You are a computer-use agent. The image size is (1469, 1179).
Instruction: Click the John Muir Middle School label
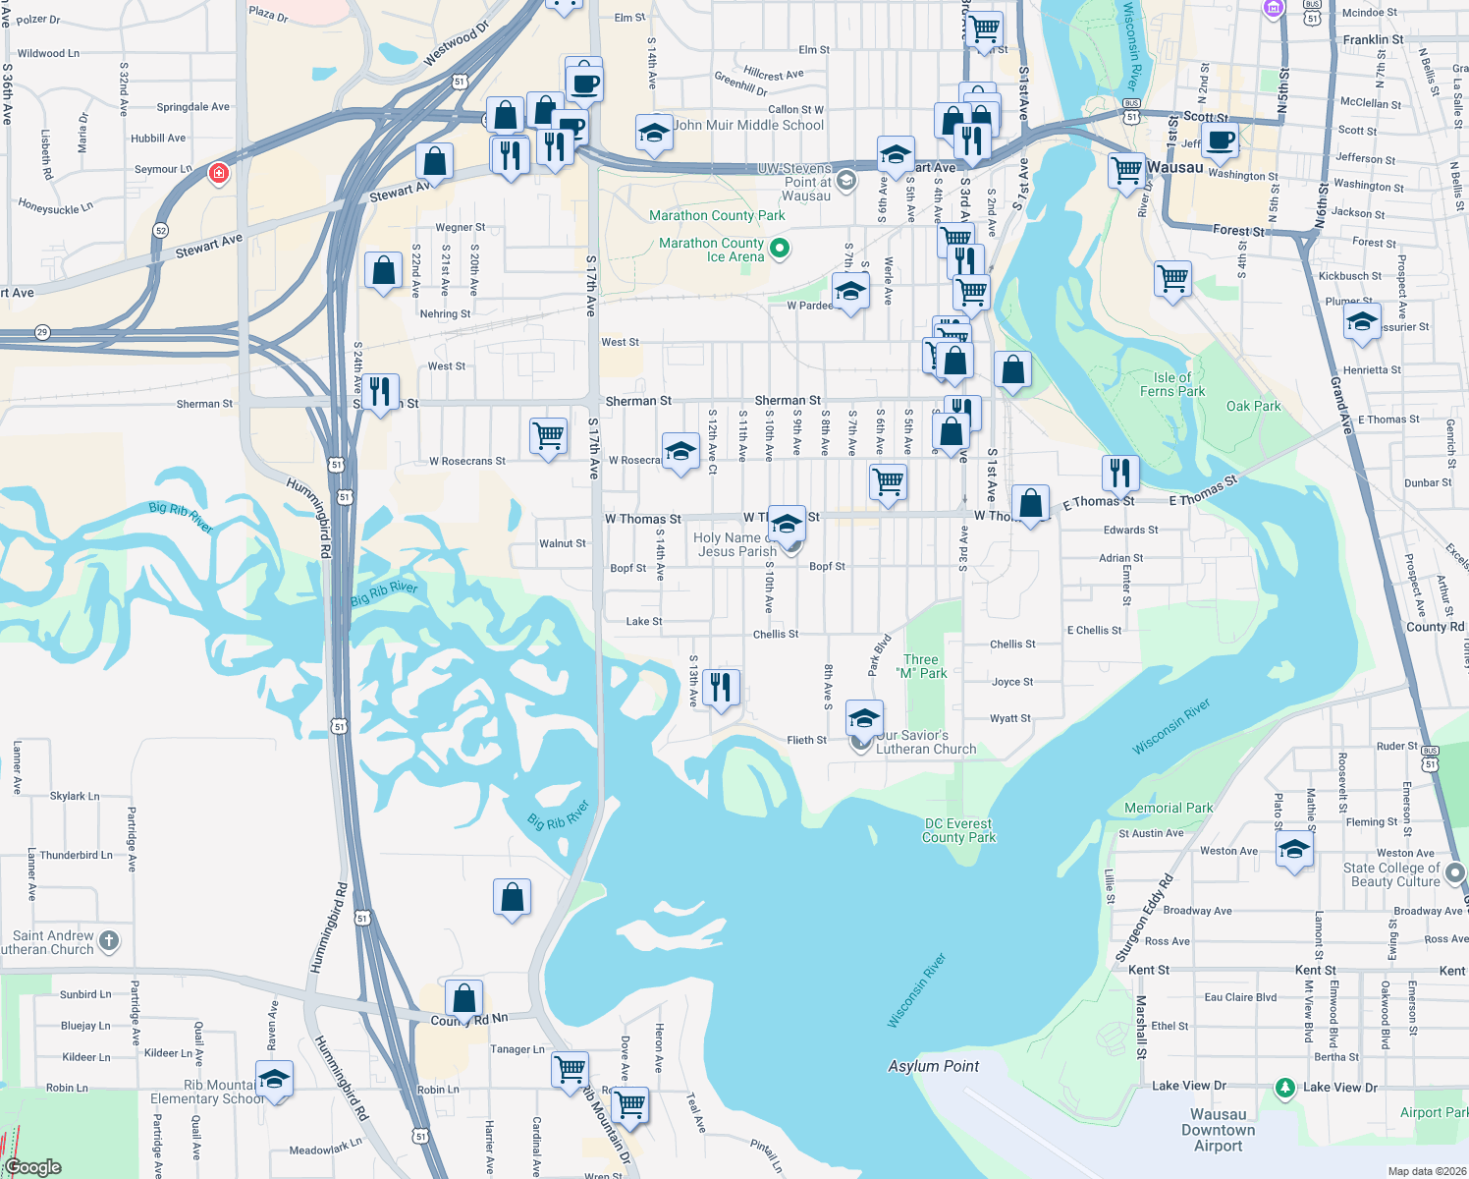(748, 125)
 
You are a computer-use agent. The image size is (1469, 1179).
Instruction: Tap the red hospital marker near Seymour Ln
(219, 174)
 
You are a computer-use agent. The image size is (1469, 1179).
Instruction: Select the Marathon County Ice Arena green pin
(780, 249)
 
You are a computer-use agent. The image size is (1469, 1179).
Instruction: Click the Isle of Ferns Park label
(1178, 384)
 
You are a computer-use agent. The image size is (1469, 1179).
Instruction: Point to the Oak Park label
(1253, 406)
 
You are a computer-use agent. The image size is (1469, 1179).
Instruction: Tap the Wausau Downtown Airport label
(1218, 1130)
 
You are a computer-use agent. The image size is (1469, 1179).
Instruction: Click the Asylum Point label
(933, 1066)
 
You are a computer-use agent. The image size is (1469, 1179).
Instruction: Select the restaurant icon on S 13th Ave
(722, 687)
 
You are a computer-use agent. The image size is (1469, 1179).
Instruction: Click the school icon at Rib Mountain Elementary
(274, 1079)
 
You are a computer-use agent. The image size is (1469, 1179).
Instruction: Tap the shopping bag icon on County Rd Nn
(464, 998)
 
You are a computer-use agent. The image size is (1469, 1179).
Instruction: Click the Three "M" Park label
(921, 666)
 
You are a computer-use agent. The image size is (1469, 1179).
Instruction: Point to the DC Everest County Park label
(958, 830)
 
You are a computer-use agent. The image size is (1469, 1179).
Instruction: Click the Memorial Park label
(1169, 808)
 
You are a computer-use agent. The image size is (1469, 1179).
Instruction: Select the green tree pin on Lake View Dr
(1284, 1088)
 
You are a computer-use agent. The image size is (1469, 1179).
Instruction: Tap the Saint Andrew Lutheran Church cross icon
(109, 941)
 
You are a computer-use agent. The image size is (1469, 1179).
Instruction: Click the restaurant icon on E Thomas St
(1120, 473)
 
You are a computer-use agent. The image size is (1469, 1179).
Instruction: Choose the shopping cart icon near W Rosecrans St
(548, 435)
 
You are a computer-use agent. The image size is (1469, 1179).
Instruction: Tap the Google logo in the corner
(33, 1167)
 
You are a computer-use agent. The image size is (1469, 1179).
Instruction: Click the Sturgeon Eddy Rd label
(1144, 918)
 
